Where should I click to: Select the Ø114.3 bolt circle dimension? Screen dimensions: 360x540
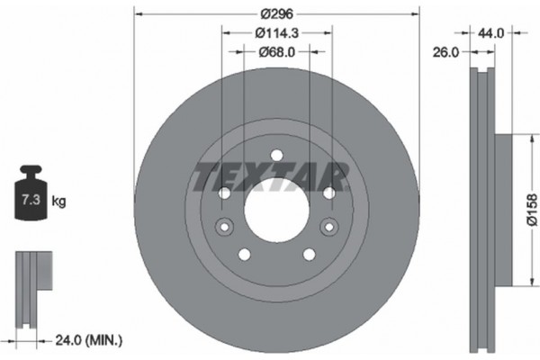[x=276, y=33]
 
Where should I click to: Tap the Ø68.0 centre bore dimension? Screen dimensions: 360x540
[x=276, y=51]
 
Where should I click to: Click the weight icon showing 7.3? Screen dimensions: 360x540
[x=31, y=193]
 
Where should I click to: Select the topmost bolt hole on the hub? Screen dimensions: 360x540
[x=276, y=156]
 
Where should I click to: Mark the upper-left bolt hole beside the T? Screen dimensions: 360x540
[x=224, y=193]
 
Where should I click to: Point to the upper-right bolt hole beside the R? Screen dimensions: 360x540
[x=328, y=193]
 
